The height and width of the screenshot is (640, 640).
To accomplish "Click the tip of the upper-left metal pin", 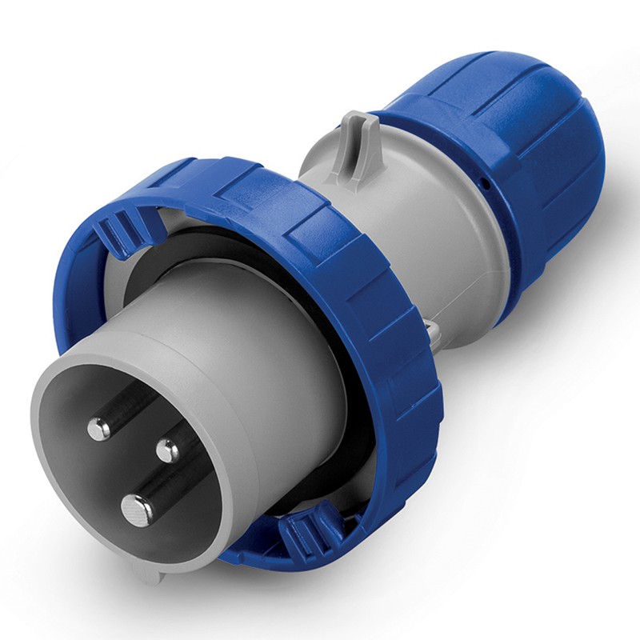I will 99,429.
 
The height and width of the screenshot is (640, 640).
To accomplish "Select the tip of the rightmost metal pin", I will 167,450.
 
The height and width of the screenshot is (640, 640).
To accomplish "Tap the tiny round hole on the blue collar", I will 485,183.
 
